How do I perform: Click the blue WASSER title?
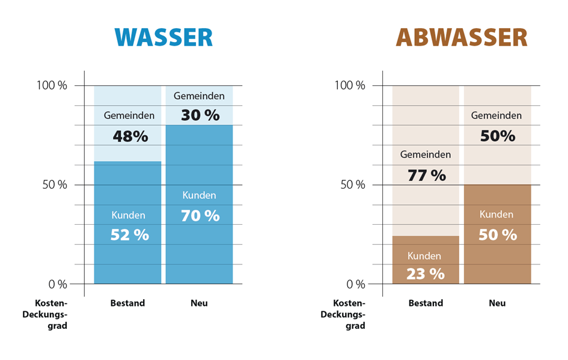pyautogui.click(x=163, y=37)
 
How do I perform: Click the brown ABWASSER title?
pyautogui.click(x=461, y=37)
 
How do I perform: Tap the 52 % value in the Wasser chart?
pyautogui.click(x=129, y=235)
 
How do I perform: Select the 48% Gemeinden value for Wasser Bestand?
pyautogui.click(x=130, y=136)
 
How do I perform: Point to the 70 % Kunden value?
pyautogui.click(x=200, y=215)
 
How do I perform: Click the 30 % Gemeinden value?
pyautogui.click(x=200, y=115)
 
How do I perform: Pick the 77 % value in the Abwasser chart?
pyautogui.click(x=426, y=175)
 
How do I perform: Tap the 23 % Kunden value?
pyautogui.click(x=425, y=274)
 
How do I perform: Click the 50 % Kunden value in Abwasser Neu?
pyautogui.click(x=497, y=234)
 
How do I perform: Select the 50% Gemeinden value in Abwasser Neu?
pyautogui.click(x=497, y=136)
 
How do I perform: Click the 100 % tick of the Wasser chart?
pyautogui.click(x=53, y=85)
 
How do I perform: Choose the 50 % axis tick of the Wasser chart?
pyautogui.click(x=54, y=185)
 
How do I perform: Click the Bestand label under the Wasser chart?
pyautogui.click(x=127, y=303)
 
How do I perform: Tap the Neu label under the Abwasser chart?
pyautogui.click(x=497, y=303)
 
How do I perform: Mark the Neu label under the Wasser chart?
pyautogui.click(x=199, y=303)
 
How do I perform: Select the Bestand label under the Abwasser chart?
pyautogui.click(x=426, y=303)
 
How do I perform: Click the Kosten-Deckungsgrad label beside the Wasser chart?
pyautogui.click(x=51, y=314)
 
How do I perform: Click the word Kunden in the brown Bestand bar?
pyautogui.click(x=424, y=256)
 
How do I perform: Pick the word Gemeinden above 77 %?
pyautogui.click(x=426, y=154)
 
